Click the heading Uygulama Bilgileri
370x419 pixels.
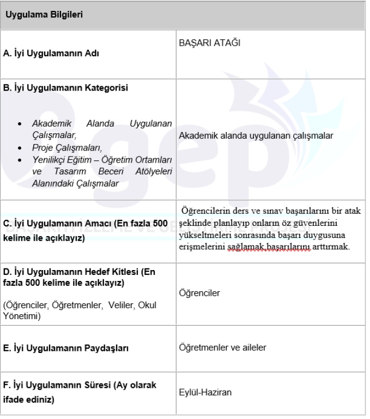click(x=44, y=14)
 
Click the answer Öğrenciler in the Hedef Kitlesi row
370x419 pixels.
click(x=199, y=294)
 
